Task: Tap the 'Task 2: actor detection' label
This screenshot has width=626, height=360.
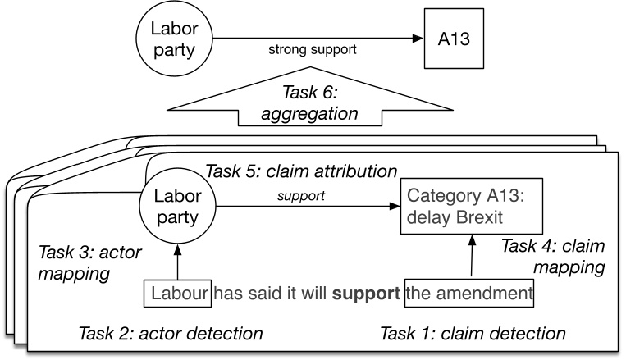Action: [x=170, y=333]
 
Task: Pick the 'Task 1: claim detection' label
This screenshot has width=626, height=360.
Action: [x=473, y=333]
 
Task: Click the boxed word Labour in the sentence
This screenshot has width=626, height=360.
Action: [x=176, y=292]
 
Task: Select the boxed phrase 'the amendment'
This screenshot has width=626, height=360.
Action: [x=469, y=292]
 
